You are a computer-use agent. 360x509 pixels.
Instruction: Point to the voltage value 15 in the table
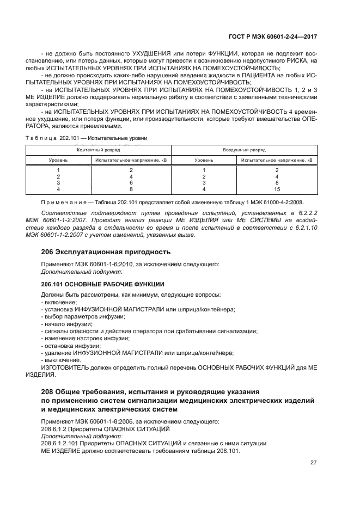pyautogui.click(x=277, y=189)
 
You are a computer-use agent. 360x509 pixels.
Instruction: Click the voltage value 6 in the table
pyautogui.click(x=131, y=183)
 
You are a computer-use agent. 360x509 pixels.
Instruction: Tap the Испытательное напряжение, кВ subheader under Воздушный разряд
pyautogui.click(x=277, y=161)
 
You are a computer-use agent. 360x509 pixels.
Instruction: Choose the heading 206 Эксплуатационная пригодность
pyautogui.click(x=106, y=252)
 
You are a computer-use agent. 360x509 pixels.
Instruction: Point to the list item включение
pyautogui.click(x=60, y=302)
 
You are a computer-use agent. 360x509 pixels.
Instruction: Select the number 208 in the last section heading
pyautogui.click(x=47, y=391)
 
